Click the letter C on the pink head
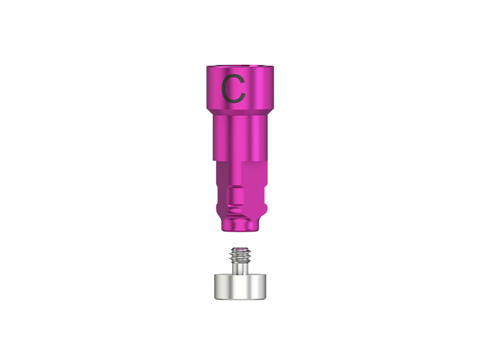(233, 89)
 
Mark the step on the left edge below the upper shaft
(215, 161)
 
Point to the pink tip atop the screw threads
(240, 250)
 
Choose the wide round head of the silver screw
(240, 288)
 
